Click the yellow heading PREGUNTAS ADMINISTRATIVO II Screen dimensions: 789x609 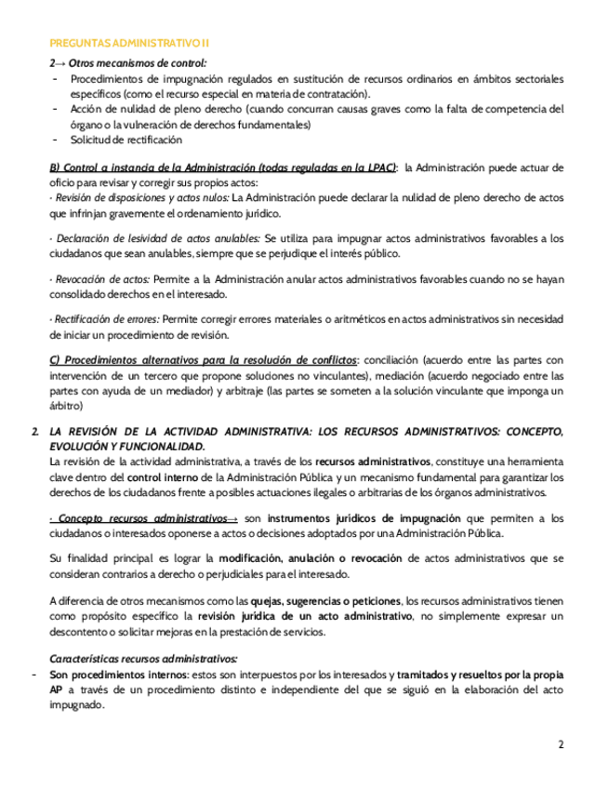coord(129,43)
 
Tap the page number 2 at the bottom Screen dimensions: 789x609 coord(561,744)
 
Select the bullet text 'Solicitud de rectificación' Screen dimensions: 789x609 coord(126,140)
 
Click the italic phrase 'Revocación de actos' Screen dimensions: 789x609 coord(102,279)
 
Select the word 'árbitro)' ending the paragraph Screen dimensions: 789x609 coord(66,407)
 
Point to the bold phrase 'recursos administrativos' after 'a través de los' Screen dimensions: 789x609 coord(373,461)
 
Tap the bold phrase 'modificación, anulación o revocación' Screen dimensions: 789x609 coord(310,558)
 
